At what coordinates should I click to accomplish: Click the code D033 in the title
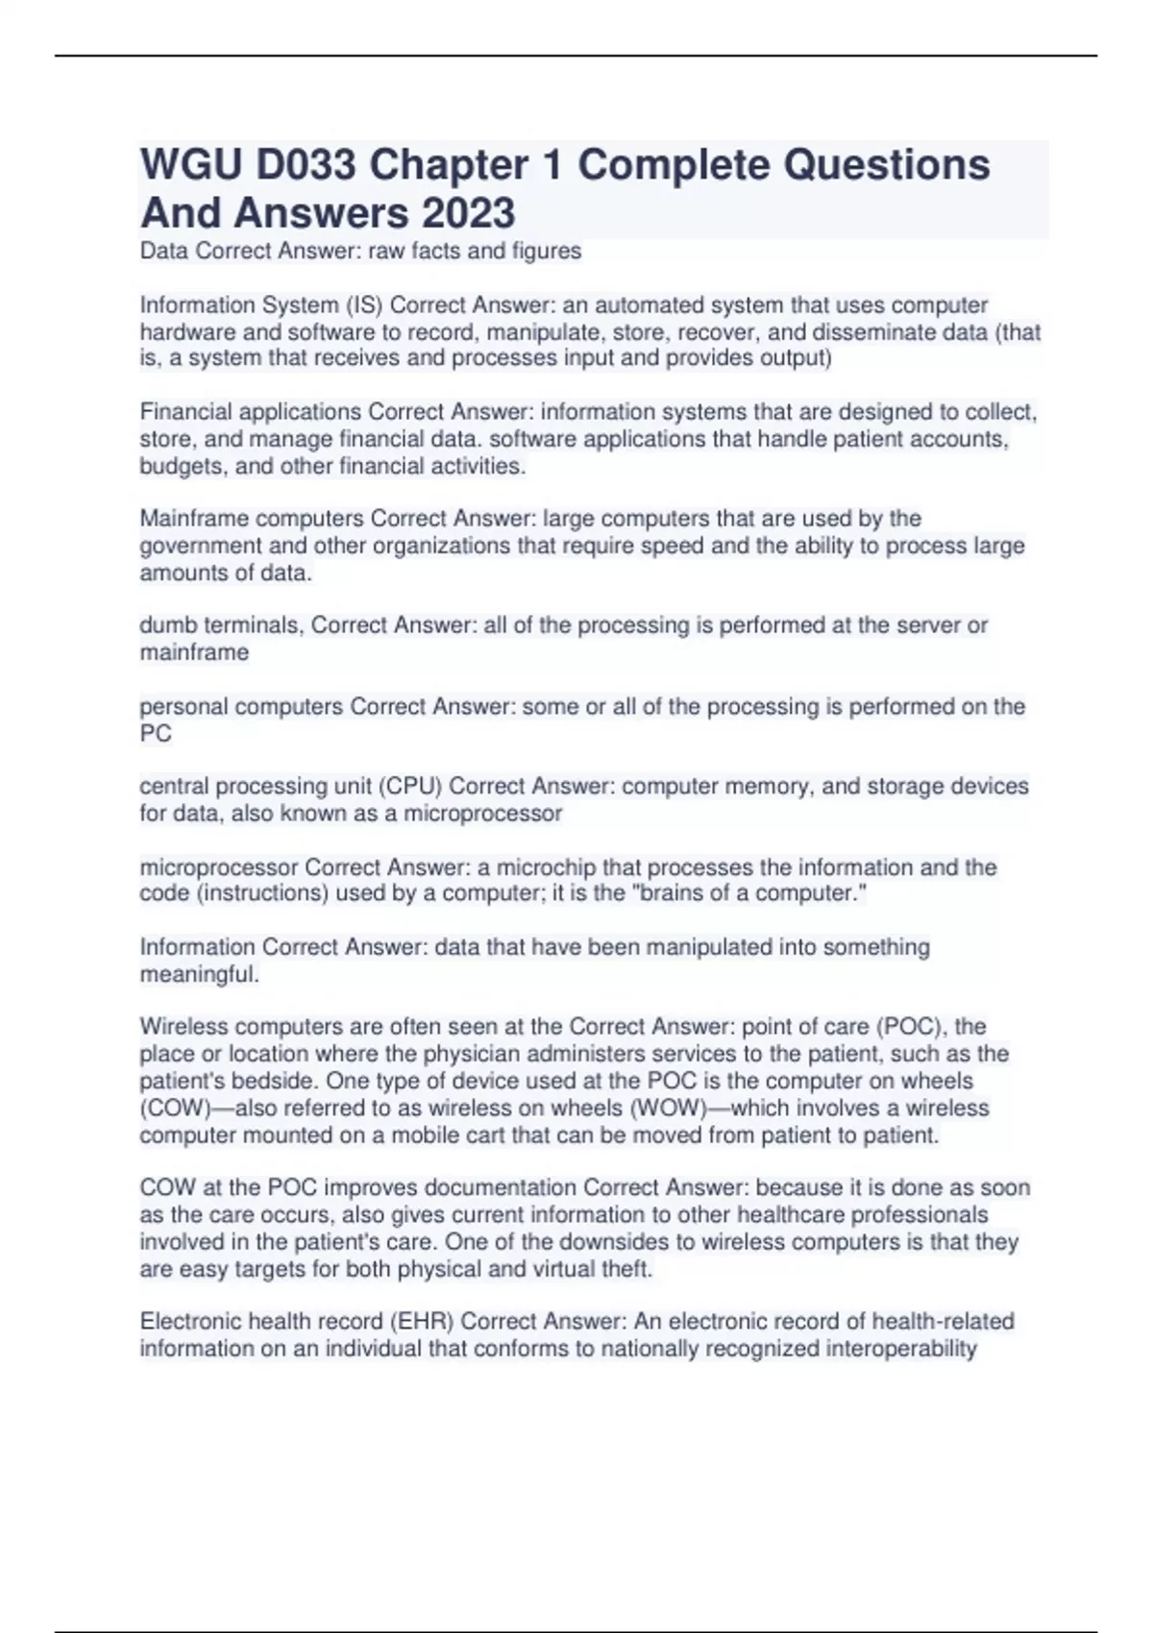[x=306, y=165]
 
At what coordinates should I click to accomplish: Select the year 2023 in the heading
[x=468, y=213]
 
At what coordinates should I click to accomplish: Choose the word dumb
[x=167, y=625]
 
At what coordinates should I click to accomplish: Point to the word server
[x=927, y=625]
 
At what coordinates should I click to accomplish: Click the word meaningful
[x=199, y=974]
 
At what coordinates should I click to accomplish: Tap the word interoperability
[x=883, y=1349]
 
